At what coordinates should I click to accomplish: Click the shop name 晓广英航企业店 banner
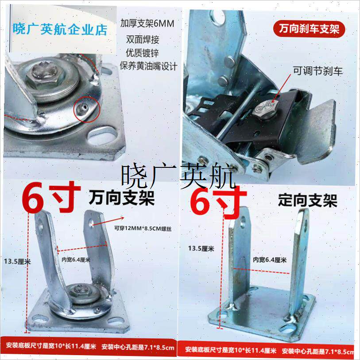(x=61, y=30)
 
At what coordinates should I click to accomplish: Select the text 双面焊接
(x=142, y=39)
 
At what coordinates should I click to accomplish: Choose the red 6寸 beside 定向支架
(x=218, y=200)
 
